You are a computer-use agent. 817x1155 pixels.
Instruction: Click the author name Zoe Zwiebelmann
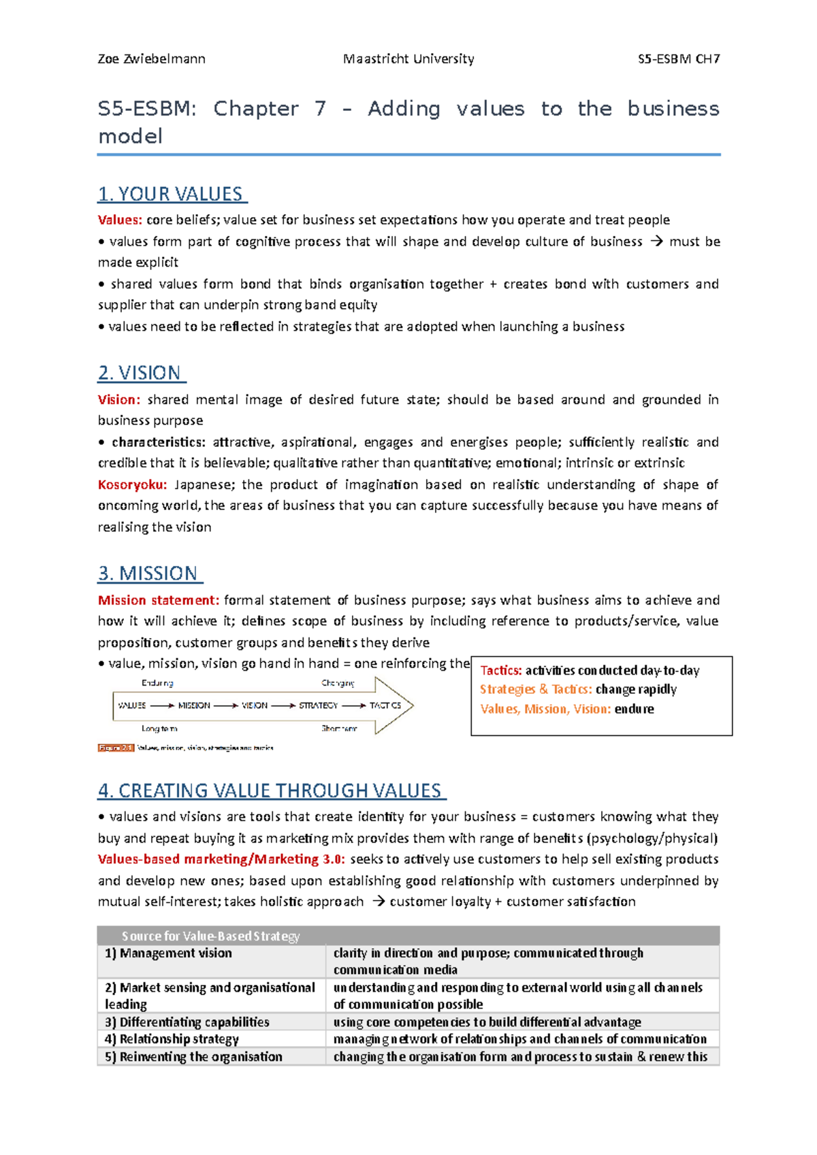click(x=151, y=58)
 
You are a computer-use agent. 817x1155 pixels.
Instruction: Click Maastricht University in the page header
click(x=408, y=58)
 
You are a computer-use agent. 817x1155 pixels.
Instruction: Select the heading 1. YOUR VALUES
click(x=172, y=194)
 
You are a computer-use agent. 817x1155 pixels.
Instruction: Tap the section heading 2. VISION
click(x=141, y=373)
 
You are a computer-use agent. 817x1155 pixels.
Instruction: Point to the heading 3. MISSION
click(x=149, y=573)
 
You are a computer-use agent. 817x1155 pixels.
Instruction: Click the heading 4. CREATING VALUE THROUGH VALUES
click(x=271, y=790)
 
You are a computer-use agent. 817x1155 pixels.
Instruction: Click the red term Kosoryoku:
click(x=132, y=484)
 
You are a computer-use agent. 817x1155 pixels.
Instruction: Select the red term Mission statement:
click(x=158, y=600)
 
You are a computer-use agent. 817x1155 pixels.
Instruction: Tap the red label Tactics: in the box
click(x=501, y=671)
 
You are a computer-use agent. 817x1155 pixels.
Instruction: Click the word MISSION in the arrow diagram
click(x=194, y=705)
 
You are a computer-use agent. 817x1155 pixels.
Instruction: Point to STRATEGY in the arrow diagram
click(x=318, y=705)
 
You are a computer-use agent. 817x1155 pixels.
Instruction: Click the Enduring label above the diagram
click(x=157, y=683)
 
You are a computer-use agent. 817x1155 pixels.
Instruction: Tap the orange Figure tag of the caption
click(x=116, y=748)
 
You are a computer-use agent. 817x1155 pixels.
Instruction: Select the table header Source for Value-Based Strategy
click(x=210, y=936)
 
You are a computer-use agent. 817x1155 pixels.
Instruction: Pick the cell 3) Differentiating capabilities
click(x=187, y=1022)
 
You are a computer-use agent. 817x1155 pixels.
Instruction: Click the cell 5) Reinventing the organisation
click(x=193, y=1056)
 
